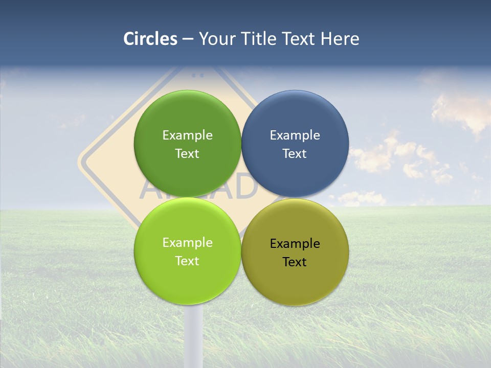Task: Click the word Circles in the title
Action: (150, 39)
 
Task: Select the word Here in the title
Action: (340, 39)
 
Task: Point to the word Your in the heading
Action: (217, 39)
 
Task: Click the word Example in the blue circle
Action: (295, 135)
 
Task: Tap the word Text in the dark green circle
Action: (187, 154)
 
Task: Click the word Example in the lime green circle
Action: (187, 243)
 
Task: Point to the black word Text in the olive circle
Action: (295, 262)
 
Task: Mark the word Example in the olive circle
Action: (295, 244)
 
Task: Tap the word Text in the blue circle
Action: (295, 154)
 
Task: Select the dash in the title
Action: (188, 39)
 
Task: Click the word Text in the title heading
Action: (299, 39)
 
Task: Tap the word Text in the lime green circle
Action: (187, 261)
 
